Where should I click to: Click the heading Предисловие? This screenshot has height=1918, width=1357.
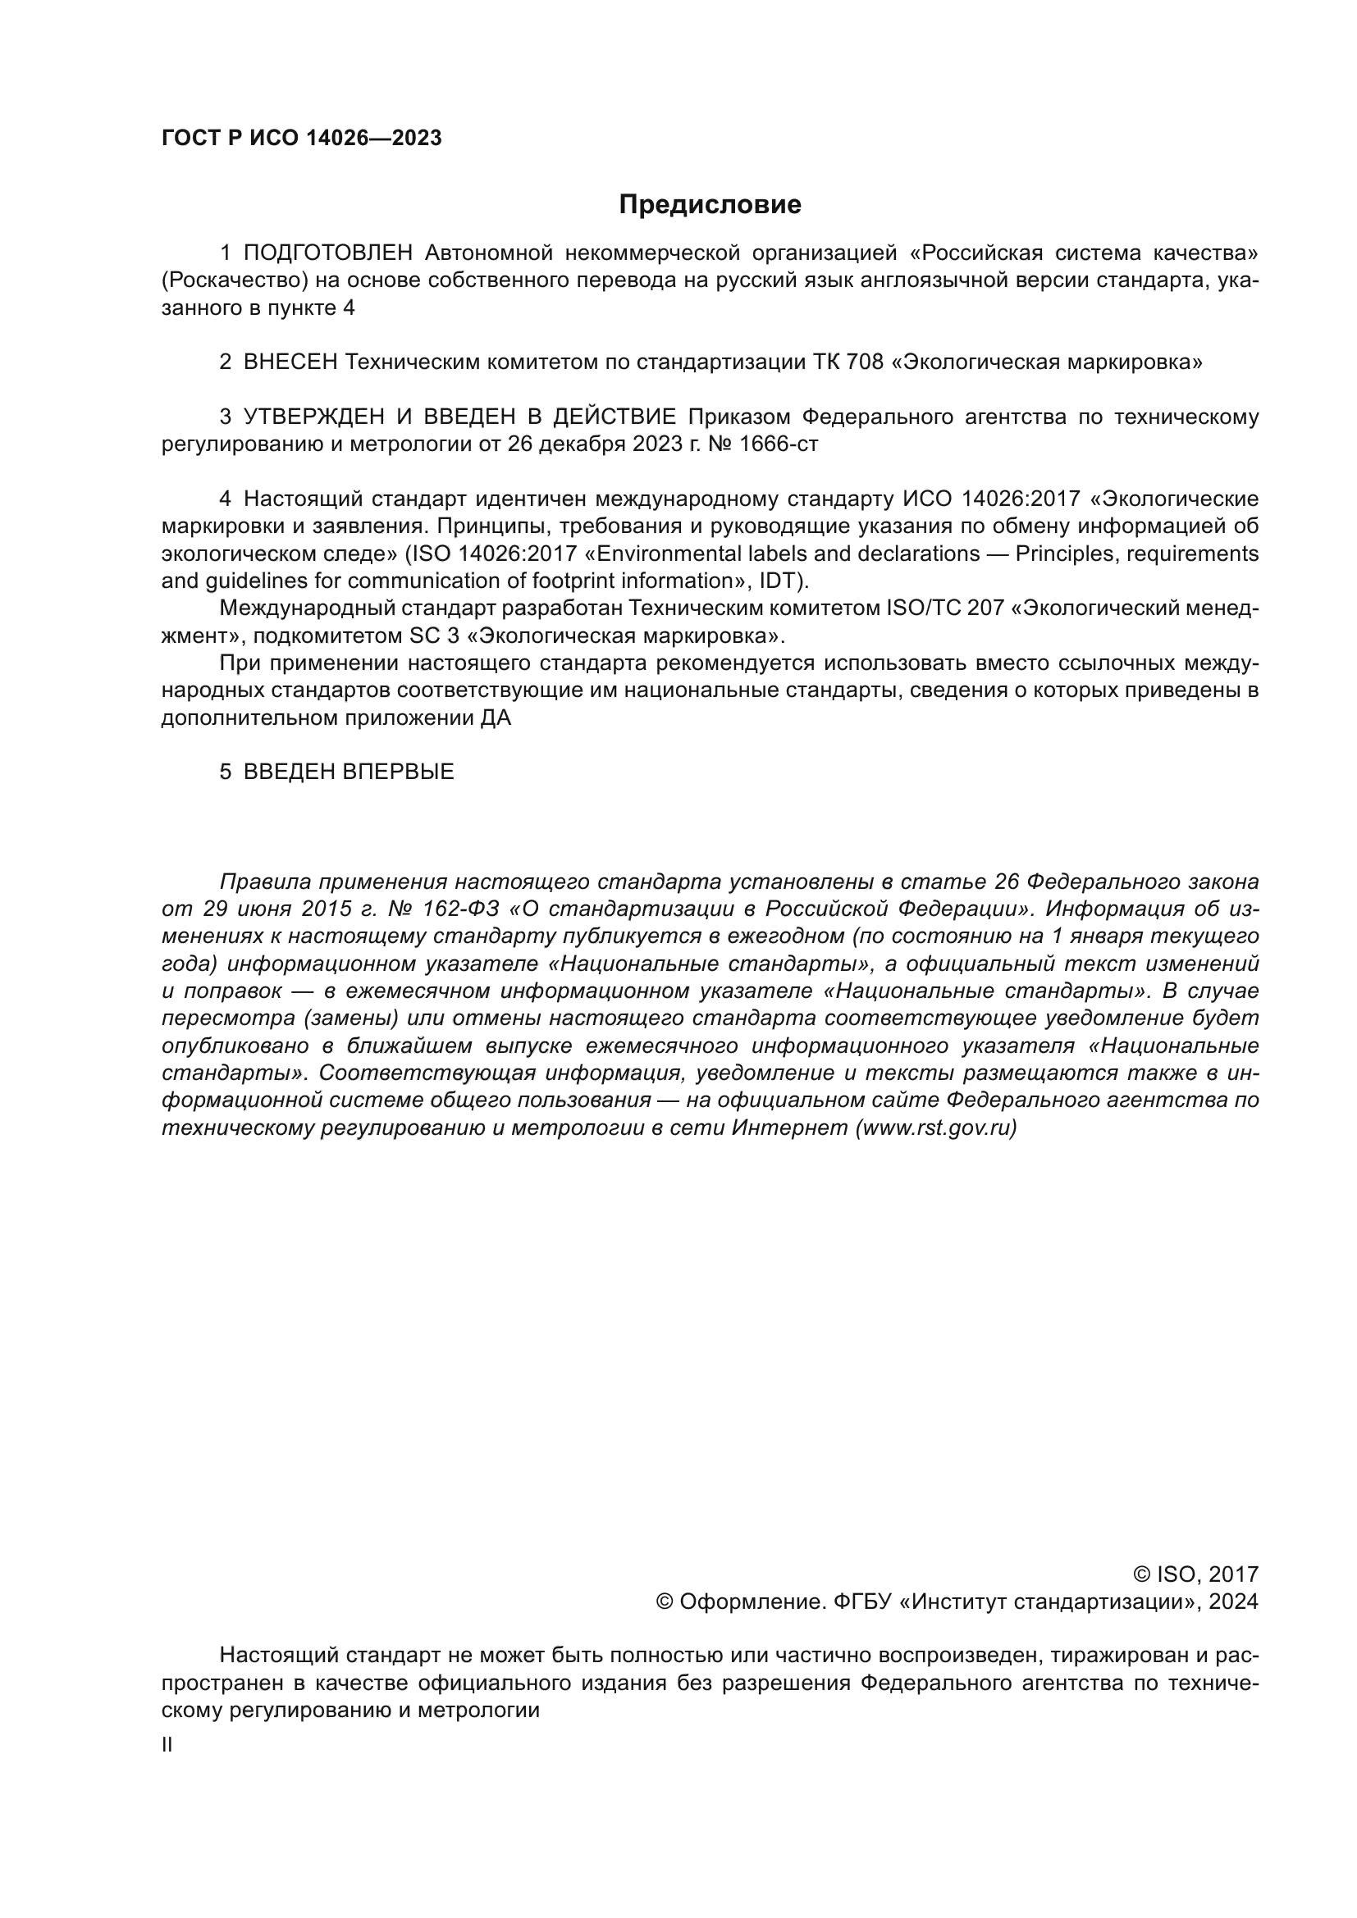pyautogui.click(x=710, y=205)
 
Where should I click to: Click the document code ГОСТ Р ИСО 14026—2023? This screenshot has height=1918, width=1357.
pyautogui.click(x=302, y=139)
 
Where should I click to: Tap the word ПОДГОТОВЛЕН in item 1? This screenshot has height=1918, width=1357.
pyautogui.click(x=328, y=253)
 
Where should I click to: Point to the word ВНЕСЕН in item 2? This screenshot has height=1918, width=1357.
pyautogui.click(x=290, y=362)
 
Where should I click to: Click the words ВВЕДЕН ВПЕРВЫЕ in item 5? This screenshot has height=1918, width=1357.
pyautogui.click(x=349, y=771)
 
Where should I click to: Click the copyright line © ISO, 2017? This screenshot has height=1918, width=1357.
pyautogui.click(x=1195, y=1574)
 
